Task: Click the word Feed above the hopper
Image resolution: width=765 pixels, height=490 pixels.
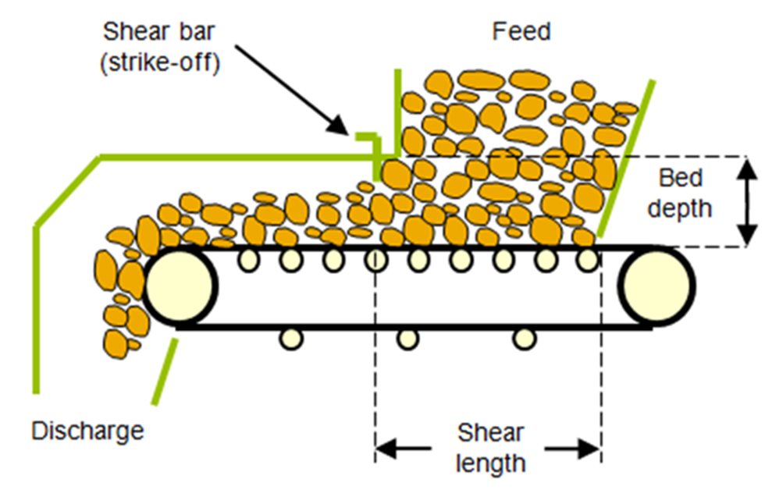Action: pos(521,31)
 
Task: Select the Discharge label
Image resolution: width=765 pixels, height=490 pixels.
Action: pos(87,430)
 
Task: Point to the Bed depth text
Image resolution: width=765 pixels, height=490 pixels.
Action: pos(681,193)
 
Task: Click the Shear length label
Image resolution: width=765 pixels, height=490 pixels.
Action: pos(489,448)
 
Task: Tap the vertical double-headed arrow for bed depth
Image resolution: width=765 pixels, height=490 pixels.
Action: pos(747,201)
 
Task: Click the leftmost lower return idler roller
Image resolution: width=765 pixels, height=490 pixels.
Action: pos(290,338)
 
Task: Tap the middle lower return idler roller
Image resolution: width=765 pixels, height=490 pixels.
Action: pos(407,338)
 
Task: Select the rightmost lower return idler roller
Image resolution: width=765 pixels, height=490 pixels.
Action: pos(524,338)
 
